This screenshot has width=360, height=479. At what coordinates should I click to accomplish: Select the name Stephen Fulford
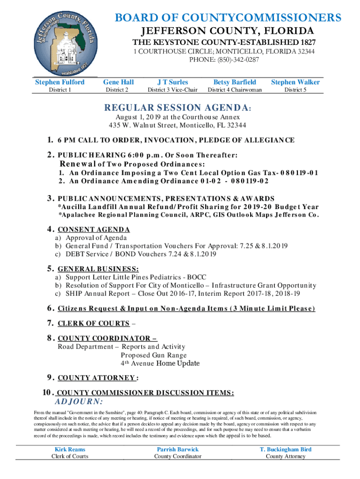[60, 82]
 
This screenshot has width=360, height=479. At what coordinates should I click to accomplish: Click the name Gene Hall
[118, 82]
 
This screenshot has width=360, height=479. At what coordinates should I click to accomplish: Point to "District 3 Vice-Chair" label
[173, 90]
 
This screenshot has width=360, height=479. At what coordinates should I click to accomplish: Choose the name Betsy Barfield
[235, 82]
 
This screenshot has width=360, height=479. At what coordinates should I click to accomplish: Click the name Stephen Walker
[295, 82]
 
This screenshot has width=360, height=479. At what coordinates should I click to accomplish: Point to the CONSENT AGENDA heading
[94, 230]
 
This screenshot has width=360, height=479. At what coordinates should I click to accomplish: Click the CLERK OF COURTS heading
[93, 323]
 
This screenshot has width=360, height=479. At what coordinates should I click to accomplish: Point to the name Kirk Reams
[70, 450]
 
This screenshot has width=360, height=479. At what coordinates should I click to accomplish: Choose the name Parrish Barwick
[178, 450]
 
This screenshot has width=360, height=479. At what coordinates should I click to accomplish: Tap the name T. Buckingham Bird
[285, 450]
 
